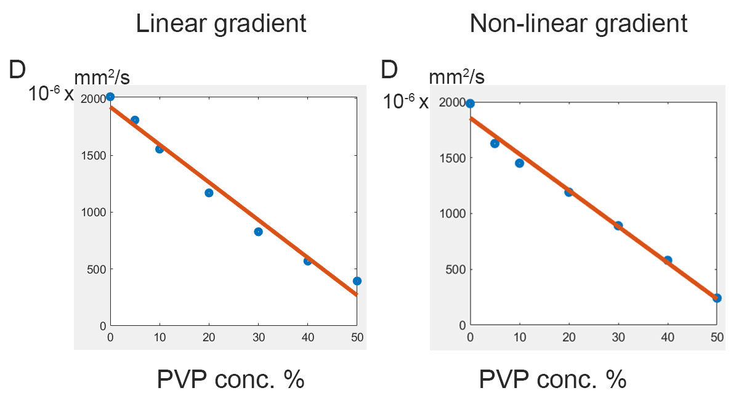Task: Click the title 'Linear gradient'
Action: (221, 23)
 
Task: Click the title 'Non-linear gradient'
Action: (578, 23)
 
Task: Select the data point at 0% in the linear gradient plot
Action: (110, 97)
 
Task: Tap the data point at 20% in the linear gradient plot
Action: (209, 193)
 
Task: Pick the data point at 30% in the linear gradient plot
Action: (258, 232)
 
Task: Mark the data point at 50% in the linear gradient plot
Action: (357, 281)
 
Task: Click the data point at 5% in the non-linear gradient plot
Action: (495, 144)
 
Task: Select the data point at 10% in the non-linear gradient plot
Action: (519, 163)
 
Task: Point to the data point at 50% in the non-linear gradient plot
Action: (716, 298)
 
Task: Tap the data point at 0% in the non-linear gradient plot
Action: (470, 103)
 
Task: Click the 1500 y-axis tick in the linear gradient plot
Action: (94, 155)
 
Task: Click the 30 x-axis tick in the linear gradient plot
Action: (258, 337)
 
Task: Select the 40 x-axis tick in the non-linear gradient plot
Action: (667, 337)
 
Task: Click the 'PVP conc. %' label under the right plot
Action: (552, 379)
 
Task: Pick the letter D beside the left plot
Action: (17, 70)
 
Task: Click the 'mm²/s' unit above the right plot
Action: (456, 78)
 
